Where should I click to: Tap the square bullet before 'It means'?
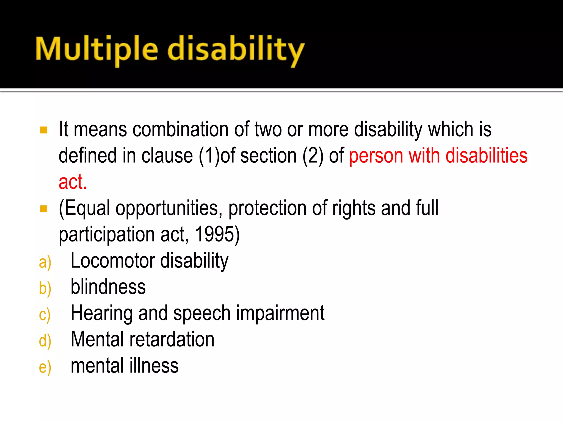(44, 130)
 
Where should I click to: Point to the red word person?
(376, 156)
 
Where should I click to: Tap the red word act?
(73, 182)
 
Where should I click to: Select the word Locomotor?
(113, 260)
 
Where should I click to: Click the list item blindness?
(108, 287)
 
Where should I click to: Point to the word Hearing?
(102, 313)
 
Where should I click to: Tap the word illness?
(154, 366)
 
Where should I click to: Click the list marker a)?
(45, 262)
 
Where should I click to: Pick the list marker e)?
(45, 368)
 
